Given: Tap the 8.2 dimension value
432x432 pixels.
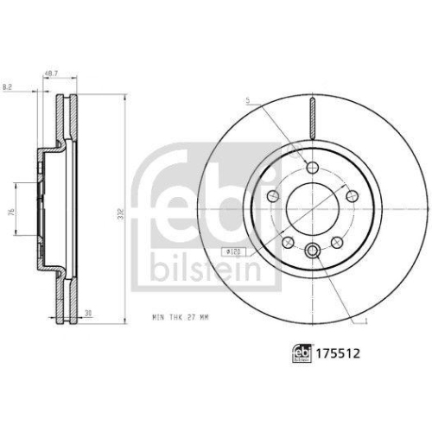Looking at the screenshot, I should (x=9, y=86).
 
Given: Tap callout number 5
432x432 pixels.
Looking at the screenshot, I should (x=247, y=101).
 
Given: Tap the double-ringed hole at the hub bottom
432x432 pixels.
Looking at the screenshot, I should (x=312, y=252).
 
